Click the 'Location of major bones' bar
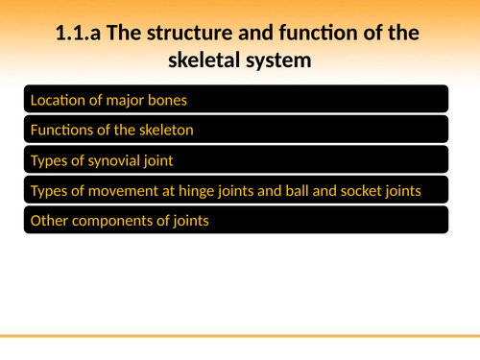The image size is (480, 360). [x=235, y=100]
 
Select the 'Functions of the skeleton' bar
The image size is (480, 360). [x=235, y=130]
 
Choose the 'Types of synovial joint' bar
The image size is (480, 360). [x=235, y=160]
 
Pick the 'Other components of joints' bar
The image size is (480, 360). [x=235, y=221]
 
